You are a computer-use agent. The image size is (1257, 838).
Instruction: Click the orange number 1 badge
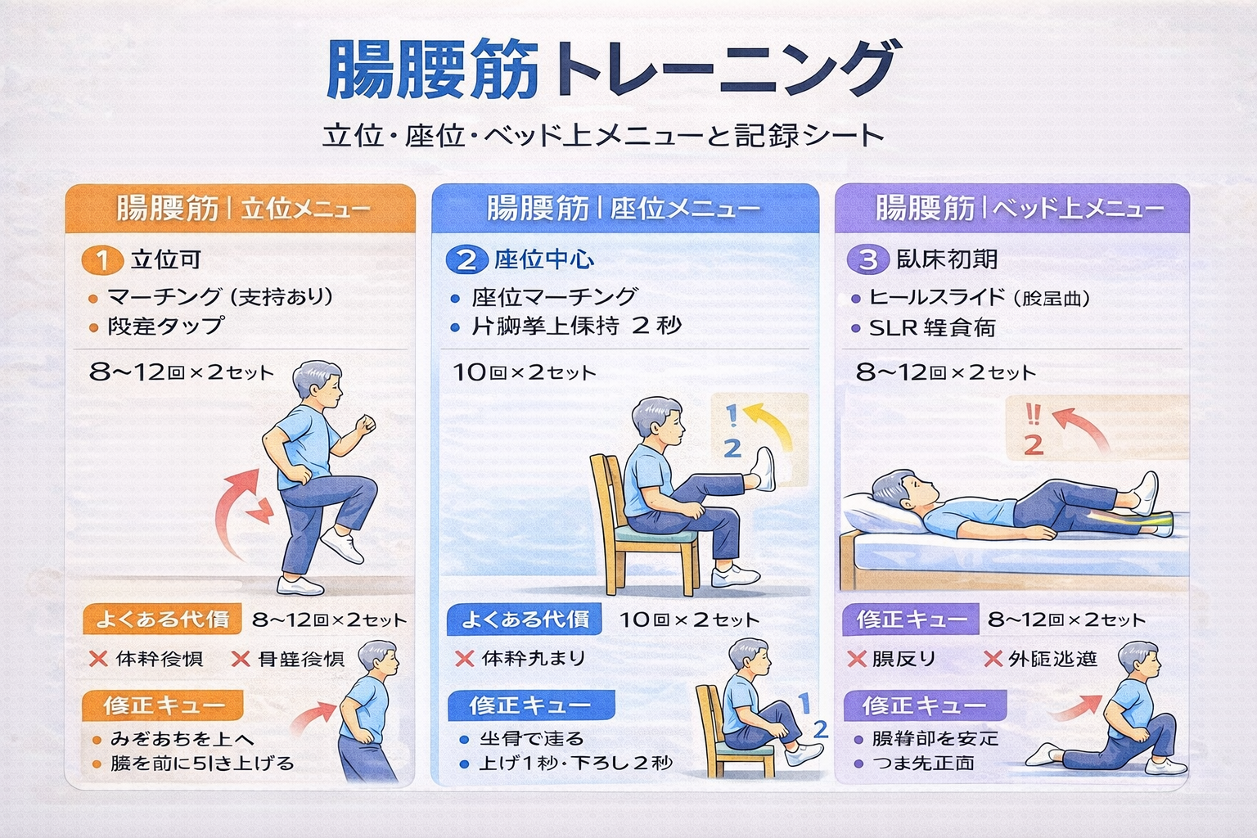click(x=101, y=260)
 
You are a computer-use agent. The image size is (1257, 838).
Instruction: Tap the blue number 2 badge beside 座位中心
click(x=466, y=260)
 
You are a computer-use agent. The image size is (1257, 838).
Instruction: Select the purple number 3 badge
click(x=867, y=260)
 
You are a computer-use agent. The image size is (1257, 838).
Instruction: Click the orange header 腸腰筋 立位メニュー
click(x=241, y=209)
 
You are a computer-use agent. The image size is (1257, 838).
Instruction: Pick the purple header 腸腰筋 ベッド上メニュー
click(x=1011, y=208)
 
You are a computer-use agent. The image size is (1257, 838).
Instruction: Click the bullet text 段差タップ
click(x=165, y=326)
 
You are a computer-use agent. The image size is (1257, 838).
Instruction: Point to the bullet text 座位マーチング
click(x=554, y=296)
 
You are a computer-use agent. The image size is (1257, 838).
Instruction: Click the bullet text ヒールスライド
click(x=979, y=297)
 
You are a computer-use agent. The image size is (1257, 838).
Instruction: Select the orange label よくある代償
click(x=162, y=619)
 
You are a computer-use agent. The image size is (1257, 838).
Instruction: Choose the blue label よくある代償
click(x=525, y=619)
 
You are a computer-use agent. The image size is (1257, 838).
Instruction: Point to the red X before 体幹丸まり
click(x=464, y=659)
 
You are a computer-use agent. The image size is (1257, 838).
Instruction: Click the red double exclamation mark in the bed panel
click(x=1033, y=414)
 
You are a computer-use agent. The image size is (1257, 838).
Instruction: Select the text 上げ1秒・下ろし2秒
click(x=575, y=764)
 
